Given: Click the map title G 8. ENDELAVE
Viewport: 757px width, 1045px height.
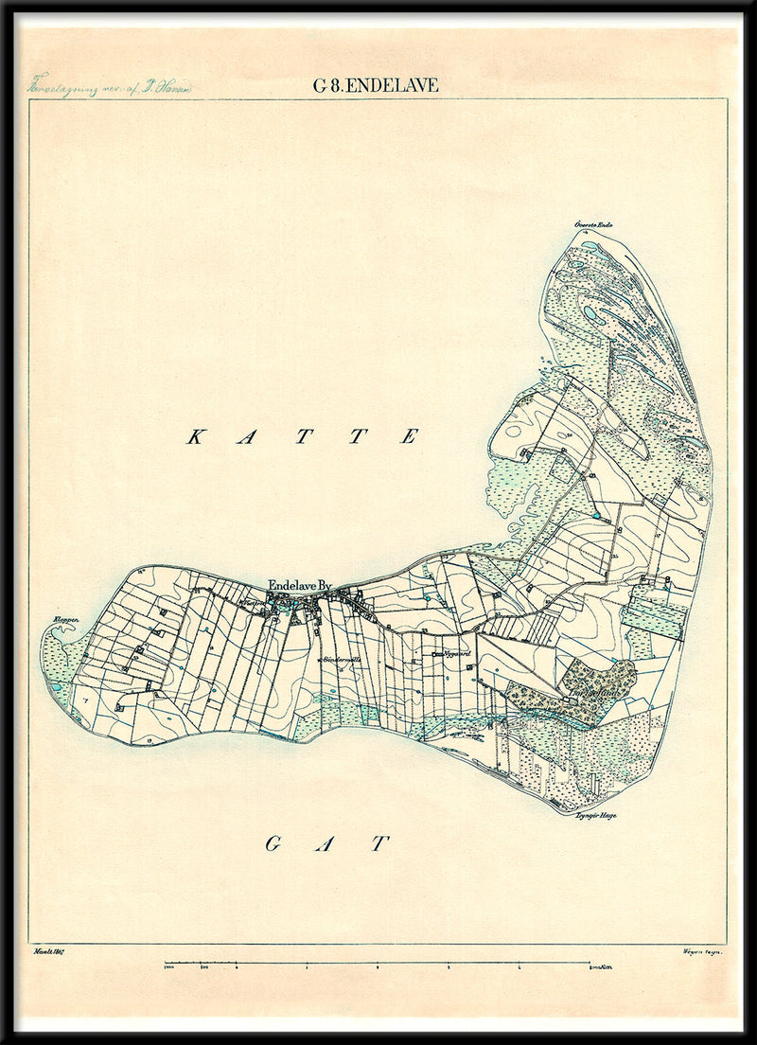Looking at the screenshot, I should pos(376,85).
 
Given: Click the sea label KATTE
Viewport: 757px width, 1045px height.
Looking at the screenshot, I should pos(303,436).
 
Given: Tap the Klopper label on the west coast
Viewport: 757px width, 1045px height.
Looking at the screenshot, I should pos(65,621).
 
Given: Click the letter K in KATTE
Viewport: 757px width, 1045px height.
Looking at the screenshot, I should pos(196,436).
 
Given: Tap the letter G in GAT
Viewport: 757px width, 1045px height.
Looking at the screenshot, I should pos(272,843).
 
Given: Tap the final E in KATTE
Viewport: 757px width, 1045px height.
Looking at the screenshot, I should pos(410,436).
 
